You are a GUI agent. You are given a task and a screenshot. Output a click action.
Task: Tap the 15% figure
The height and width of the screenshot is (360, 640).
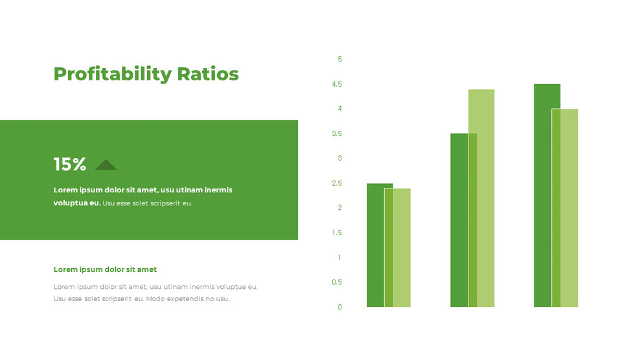click(x=69, y=164)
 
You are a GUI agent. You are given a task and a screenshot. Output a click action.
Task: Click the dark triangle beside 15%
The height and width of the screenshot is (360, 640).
click(x=106, y=165)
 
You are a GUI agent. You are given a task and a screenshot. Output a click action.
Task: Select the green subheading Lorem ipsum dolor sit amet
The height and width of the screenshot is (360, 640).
click(x=105, y=269)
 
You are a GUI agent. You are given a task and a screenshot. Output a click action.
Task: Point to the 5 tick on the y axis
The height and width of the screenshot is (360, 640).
click(x=339, y=60)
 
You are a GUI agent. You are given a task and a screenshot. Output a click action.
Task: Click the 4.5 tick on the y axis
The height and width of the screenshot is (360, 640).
click(x=337, y=84)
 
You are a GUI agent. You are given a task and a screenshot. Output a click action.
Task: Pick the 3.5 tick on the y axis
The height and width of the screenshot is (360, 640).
click(x=337, y=134)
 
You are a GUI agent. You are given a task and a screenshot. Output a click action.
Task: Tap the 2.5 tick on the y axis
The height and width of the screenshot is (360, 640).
click(x=337, y=183)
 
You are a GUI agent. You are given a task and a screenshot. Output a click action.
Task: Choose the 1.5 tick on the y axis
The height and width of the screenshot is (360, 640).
click(x=337, y=232)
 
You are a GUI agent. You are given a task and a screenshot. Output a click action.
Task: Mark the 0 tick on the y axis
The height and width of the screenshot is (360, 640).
click(x=339, y=307)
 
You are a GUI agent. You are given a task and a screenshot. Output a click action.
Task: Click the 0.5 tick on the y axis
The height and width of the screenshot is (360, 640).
click(x=337, y=282)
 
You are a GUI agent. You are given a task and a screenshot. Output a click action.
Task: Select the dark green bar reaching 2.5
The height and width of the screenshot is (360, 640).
click(x=375, y=246)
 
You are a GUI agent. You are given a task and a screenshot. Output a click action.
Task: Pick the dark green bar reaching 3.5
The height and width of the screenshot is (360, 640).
click(x=459, y=220)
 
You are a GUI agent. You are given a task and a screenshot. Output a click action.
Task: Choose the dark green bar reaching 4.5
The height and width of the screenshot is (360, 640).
click(x=542, y=194)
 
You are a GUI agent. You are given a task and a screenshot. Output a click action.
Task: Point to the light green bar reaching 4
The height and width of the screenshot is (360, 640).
click(x=569, y=207)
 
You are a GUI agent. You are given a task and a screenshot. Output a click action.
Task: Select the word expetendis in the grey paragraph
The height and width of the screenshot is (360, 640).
click(x=187, y=299)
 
